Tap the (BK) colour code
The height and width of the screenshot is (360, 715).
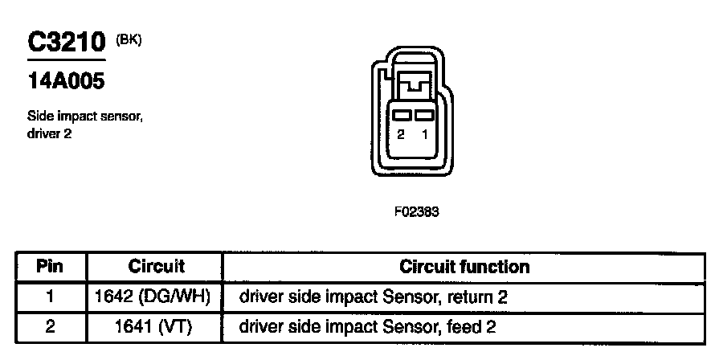coord(129,39)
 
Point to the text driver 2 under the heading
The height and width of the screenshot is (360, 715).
coord(50,133)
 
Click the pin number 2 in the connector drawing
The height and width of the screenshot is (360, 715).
coord(400,135)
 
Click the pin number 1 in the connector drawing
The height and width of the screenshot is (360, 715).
coord(424,135)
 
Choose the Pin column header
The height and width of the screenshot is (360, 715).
coord(50,266)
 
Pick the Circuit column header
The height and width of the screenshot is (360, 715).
coord(156,266)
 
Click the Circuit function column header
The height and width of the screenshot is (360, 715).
coord(464,266)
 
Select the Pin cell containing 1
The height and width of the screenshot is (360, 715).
coord(50,297)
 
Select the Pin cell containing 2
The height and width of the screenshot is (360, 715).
coord(50,327)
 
